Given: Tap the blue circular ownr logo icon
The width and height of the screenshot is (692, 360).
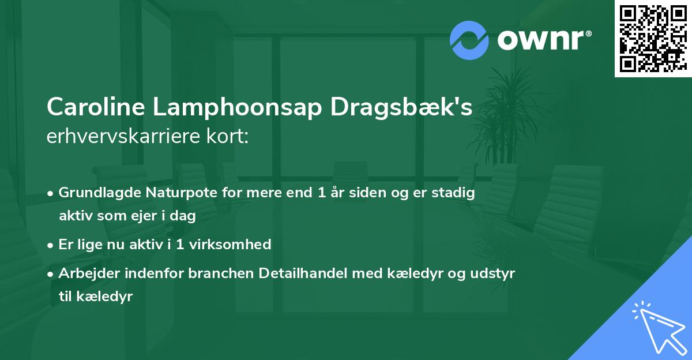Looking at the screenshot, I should (470, 40).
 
